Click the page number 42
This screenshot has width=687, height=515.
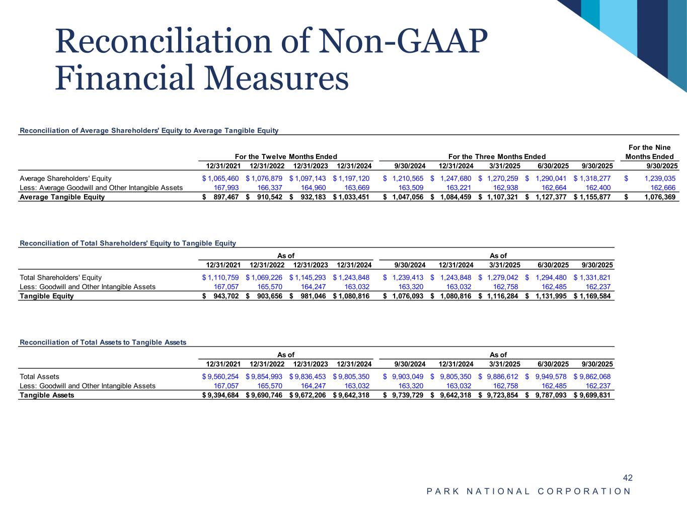(x=627, y=478)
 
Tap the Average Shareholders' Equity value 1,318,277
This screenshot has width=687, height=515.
(x=595, y=179)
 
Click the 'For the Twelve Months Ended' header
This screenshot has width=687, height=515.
(x=286, y=157)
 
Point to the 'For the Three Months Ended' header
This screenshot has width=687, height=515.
(x=497, y=157)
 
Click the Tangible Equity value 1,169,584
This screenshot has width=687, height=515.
(x=595, y=296)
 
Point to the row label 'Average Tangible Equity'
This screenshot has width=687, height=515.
(x=62, y=197)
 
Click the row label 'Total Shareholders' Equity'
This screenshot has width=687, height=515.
(x=60, y=278)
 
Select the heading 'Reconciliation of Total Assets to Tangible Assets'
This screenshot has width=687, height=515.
(x=103, y=342)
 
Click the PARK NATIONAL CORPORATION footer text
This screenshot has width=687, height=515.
(x=528, y=491)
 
